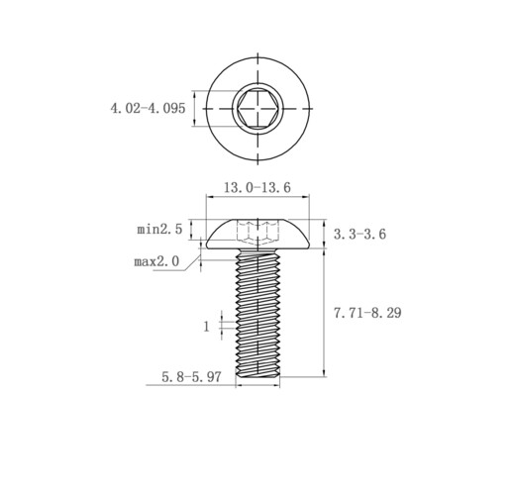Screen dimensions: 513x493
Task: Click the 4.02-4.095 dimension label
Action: click(x=148, y=108)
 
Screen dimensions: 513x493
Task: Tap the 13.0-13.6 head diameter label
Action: click(x=257, y=187)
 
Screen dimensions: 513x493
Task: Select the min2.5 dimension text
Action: click(x=159, y=229)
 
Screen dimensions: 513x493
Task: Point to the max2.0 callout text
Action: click(x=156, y=261)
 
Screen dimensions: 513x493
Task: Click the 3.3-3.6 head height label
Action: click(x=359, y=234)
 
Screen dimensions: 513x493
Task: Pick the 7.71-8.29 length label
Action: click(x=367, y=313)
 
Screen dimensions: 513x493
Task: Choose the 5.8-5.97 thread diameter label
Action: click(x=191, y=376)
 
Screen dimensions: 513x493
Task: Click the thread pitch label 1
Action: click(x=207, y=327)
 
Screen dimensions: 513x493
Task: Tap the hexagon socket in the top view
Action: click(x=257, y=109)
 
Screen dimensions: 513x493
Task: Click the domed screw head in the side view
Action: click(x=257, y=235)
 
